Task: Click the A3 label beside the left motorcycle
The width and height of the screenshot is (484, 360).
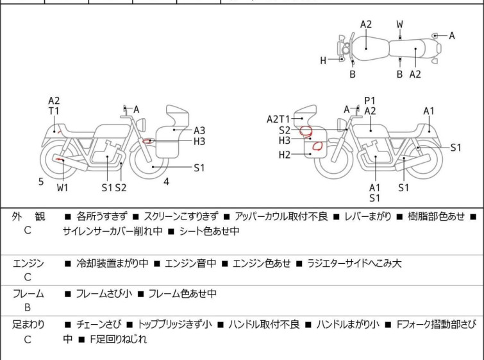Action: [x=199, y=130]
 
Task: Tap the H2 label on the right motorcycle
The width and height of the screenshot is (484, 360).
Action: [x=285, y=154]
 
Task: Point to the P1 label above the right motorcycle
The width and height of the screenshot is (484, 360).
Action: [x=369, y=101]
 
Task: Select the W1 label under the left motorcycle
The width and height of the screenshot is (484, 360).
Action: [x=62, y=187]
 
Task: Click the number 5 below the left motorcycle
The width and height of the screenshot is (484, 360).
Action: [x=41, y=182]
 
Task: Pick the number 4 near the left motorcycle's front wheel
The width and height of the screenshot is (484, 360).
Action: [x=166, y=182]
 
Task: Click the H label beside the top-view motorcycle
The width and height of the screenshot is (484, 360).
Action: [x=324, y=61]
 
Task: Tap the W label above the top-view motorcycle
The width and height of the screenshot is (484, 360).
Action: [x=400, y=24]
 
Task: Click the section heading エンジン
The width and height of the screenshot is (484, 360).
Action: [x=28, y=263]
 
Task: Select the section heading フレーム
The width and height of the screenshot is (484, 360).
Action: [x=28, y=294]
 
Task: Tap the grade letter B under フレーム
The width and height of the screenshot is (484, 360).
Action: [x=28, y=308]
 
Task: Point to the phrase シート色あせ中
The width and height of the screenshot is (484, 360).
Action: [x=208, y=232]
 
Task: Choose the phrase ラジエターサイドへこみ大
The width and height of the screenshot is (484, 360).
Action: [x=355, y=263]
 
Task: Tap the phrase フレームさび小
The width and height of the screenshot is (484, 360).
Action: [x=104, y=294]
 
